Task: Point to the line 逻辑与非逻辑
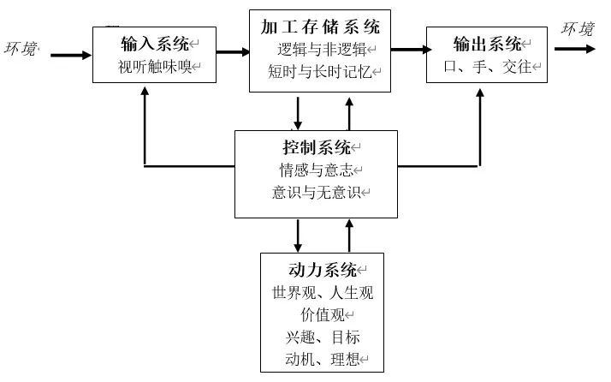321,48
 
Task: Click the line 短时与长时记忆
321,71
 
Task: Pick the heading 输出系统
487,42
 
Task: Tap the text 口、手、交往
487,65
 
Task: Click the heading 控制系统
316,146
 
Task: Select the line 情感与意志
316,170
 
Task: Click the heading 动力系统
322,270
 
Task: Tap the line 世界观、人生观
323,293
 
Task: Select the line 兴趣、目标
323,337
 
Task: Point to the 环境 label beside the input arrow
22,49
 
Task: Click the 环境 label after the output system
578,29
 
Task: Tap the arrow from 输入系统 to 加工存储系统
232,54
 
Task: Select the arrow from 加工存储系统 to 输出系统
409,50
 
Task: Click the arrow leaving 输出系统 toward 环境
574,49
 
